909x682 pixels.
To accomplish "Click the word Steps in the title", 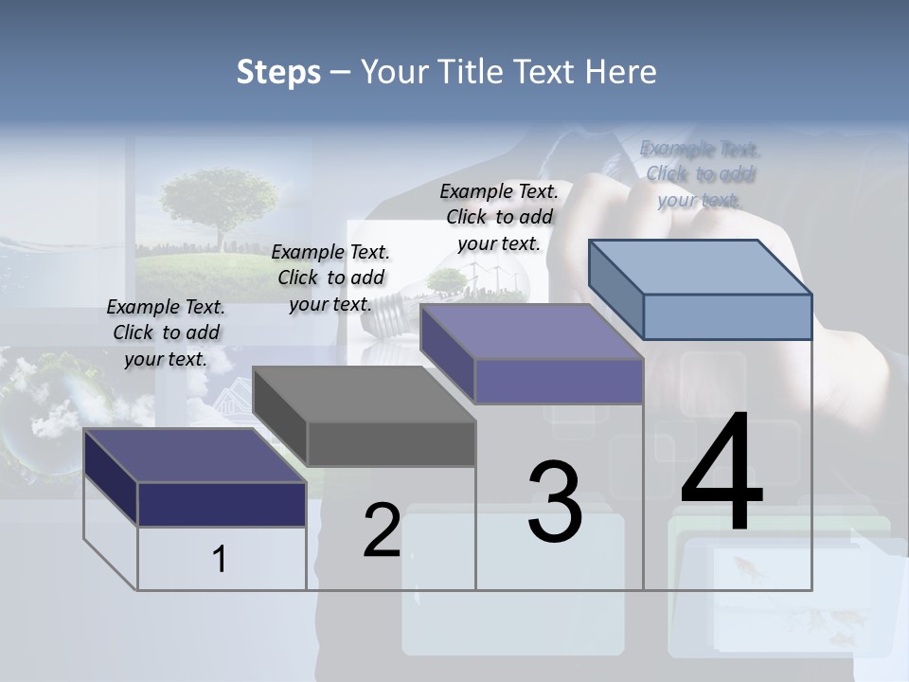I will click(278, 72).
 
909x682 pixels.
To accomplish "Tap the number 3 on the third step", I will click(555, 502).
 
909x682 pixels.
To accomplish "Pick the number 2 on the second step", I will click(382, 530).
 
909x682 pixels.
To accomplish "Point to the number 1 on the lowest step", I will click(220, 559).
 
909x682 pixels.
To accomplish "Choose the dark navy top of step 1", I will click(195, 456).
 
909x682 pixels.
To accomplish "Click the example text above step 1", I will click(166, 332).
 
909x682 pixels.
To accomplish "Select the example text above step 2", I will click(330, 278).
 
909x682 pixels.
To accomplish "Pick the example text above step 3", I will click(499, 217).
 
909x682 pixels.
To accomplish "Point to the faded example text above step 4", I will click(700, 173).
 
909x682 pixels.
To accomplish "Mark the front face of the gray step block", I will click(391, 443).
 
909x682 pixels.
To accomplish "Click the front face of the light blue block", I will click(727, 316).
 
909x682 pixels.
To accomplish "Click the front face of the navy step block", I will click(222, 504).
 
